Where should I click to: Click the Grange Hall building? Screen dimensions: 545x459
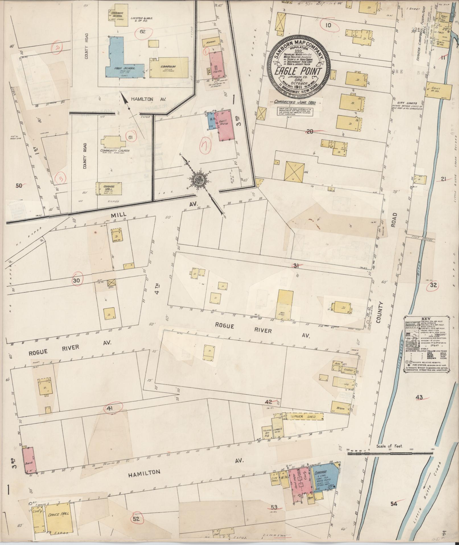click(109, 189)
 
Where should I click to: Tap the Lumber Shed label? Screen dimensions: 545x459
click(305, 417)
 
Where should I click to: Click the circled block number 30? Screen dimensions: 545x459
click(76, 280)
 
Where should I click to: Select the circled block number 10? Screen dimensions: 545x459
click(328, 25)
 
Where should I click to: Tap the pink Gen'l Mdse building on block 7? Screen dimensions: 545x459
click(226, 124)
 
